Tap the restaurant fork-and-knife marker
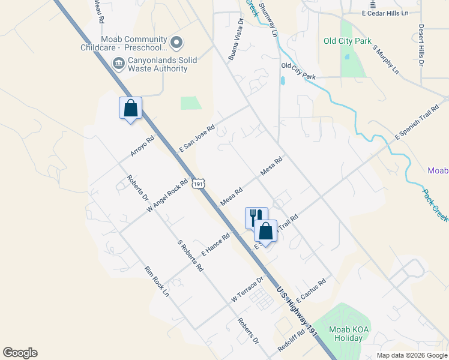[255, 217]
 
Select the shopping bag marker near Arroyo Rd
[130, 109]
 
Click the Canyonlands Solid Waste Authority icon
[118, 63]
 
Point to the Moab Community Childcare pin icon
[176, 42]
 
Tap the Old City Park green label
[347, 41]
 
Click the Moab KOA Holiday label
[346, 334]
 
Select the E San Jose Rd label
[197, 139]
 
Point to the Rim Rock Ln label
[157, 281]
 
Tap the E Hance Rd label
[215, 245]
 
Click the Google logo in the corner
[20, 353]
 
